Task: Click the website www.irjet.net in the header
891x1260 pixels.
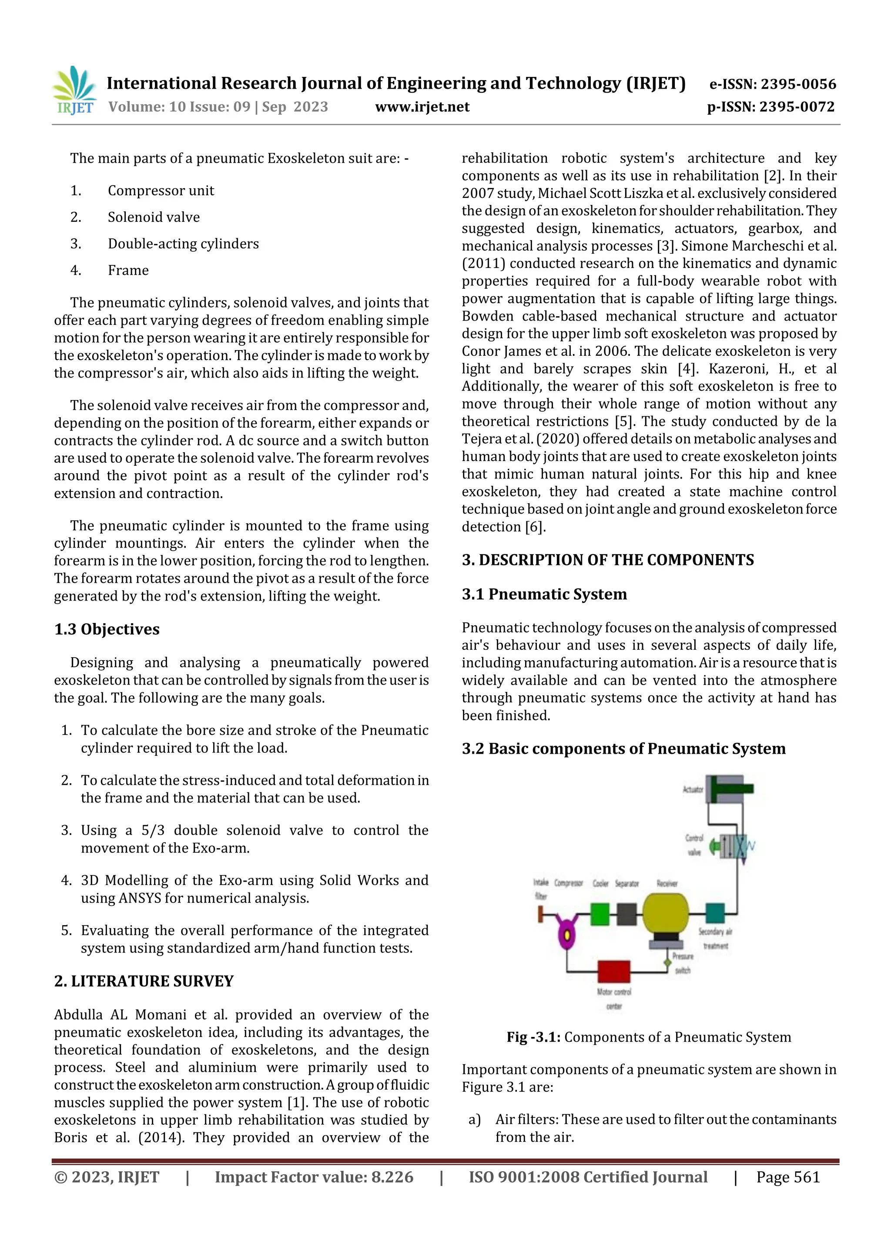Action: pos(422,107)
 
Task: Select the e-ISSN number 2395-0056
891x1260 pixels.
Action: pos(772,84)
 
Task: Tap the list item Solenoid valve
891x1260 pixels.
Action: pos(154,217)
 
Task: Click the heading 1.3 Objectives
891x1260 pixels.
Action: pos(107,629)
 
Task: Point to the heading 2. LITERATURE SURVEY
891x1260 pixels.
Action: pos(144,981)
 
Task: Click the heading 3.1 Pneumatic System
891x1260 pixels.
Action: pos(544,594)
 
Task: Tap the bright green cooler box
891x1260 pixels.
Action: pos(600,914)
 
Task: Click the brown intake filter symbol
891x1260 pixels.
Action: pos(541,914)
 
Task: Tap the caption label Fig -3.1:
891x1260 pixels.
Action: pos(533,1037)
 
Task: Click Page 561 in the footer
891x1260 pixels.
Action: pos(788,1176)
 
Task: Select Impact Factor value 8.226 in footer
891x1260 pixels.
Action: pos(314,1176)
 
